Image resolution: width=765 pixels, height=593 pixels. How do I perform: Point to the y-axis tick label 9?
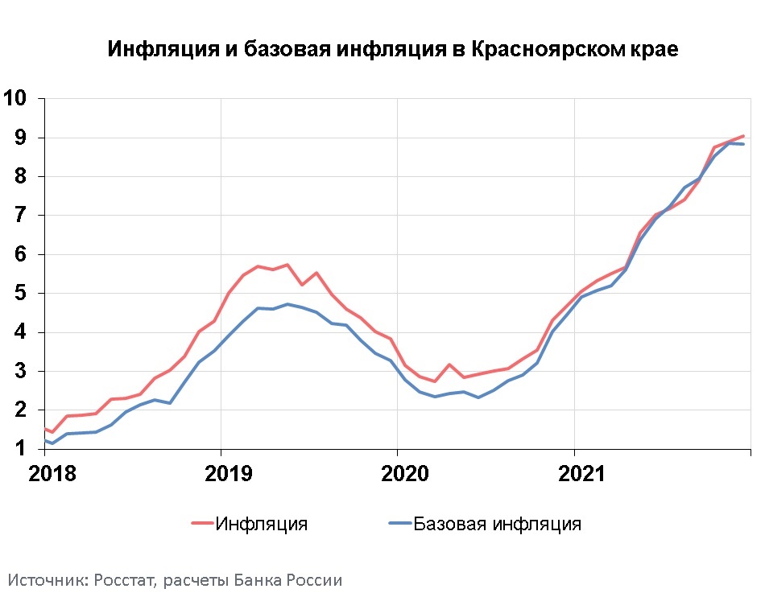pyautogui.click(x=21, y=138)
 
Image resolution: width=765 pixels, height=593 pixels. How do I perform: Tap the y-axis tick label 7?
pyautogui.click(x=21, y=215)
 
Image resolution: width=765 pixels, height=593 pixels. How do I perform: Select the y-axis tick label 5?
pyautogui.click(x=21, y=293)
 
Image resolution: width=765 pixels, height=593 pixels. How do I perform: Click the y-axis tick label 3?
pyautogui.click(x=21, y=371)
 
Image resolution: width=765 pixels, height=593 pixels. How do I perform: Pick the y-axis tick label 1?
pyautogui.click(x=21, y=448)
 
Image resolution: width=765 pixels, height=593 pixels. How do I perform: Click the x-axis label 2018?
pyautogui.click(x=52, y=473)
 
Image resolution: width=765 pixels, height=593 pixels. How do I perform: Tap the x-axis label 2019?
pyautogui.click(x=229, y=473)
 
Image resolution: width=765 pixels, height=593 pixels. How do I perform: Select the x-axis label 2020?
pyautogui.click(x=405, y=473)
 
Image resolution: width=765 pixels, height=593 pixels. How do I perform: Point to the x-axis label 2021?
pyautogui.click(x=581, y=473)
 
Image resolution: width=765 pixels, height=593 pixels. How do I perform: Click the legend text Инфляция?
pyautogui.click(x=262, y=524)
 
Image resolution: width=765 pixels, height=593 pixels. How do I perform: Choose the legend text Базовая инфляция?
pyautogui.click(x=497, y=524)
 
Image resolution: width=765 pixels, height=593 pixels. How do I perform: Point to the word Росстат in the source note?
pyautogui.click(x=126, y=580)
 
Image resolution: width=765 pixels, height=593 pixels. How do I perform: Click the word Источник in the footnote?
pyautogui.click(x=46, y=580)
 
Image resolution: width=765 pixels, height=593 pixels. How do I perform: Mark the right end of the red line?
pyautogui.click(x=743, y=136)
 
